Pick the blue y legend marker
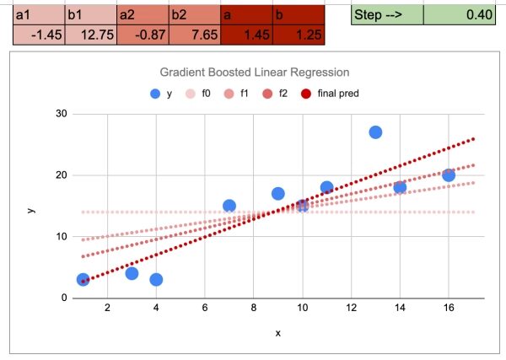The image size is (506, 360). point(154,94)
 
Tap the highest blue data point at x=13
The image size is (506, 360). point(375,132)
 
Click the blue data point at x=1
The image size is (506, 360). point(83,279)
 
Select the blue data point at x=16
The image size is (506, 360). point(449,175)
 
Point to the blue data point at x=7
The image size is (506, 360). point(229,206)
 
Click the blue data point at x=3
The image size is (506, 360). point(132,273)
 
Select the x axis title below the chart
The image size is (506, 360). point(277,334)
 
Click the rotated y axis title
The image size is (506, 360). point(31,206)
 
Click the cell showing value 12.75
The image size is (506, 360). point(88,35)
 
